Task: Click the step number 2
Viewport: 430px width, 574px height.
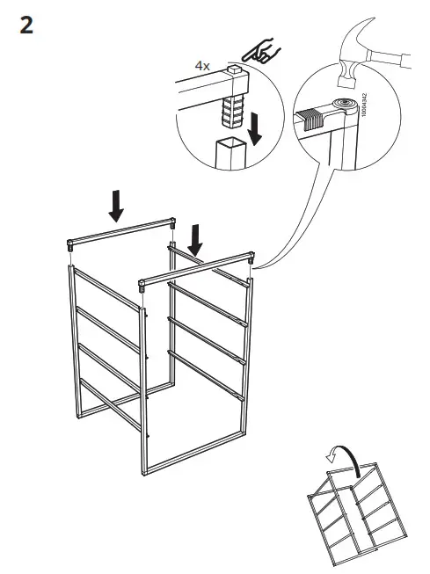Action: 26,25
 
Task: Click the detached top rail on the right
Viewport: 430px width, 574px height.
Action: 198,269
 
